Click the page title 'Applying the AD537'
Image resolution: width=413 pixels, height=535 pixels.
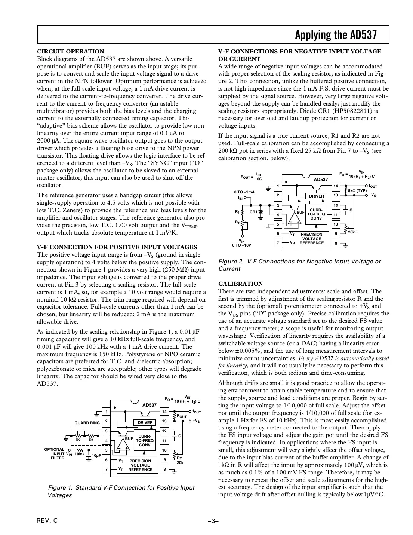pyautogui.click(x=335, y=35)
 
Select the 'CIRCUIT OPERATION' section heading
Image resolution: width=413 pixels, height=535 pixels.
pyautogui.click(x=71, y=52)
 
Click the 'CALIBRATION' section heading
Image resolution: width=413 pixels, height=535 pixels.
pyautogui.click(x=240, y=284)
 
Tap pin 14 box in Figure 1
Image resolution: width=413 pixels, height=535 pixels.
pyautogui.click(x=164, y=412)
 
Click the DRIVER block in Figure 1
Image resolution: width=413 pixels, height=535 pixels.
pyautogui.click(x=145, y=422)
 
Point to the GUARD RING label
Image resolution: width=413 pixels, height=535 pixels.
pyautogui.click(x=87, y=423)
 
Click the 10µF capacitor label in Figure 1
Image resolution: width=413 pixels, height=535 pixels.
pyautogui.click(x=97, y=455)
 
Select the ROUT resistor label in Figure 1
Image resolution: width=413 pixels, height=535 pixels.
pyautogui.click(x=182, y=416)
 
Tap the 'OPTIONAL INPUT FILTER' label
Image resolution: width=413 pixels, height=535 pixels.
pyautogui.click(x=55, y=454)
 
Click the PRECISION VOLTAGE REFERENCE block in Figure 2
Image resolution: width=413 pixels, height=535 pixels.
pyautogui.click(x=311, y=239)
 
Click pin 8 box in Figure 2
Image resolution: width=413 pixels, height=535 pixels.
pyautogui.click(x=336, y=243)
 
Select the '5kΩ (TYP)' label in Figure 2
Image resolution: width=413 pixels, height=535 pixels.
pyautogui.click(x=358, y=190)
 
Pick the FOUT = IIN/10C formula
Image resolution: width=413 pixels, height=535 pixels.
pyautogui.click(x=251, y=177)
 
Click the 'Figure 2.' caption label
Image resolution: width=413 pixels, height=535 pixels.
pyautogui.click(x=230, y=262)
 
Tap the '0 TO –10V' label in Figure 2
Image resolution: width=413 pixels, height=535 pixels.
pyautogui.click(x=241, y=245)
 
